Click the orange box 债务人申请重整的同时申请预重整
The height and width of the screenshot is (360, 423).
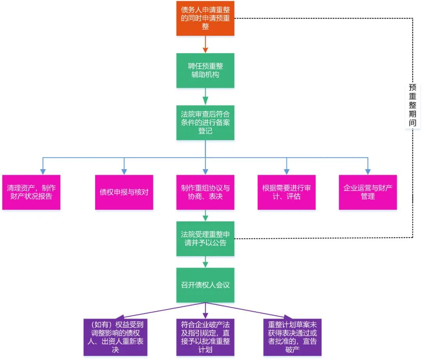(205, 18)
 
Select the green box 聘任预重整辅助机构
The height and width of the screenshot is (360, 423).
(205, 70)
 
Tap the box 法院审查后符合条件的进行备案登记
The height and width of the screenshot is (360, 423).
(205, 122)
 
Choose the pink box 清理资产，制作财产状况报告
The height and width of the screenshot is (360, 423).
(31, 192)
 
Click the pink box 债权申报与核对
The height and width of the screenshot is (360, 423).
(124, 192)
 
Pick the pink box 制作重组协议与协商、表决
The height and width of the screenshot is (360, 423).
(205, 192)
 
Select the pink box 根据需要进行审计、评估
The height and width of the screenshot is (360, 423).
(286, 192)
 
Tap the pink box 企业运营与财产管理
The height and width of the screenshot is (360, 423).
(368, 192)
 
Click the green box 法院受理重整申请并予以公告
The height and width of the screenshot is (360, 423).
(205, 239)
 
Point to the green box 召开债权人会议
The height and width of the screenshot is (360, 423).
(205, 285)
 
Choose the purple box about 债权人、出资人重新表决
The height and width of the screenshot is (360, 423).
(115, 337)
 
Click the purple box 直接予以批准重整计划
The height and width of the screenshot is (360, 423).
(205, 337)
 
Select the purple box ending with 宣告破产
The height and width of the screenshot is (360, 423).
(292, 337)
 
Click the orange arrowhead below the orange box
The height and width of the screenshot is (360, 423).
(205, 49)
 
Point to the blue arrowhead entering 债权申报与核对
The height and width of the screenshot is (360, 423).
(124, 171)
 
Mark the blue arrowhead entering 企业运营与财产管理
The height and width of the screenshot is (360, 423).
(368, 171)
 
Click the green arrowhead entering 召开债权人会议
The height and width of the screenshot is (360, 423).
(205, 264)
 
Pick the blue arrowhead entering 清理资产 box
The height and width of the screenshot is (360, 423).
(43, 171)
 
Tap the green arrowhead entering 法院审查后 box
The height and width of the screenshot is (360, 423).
(205, 101)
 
